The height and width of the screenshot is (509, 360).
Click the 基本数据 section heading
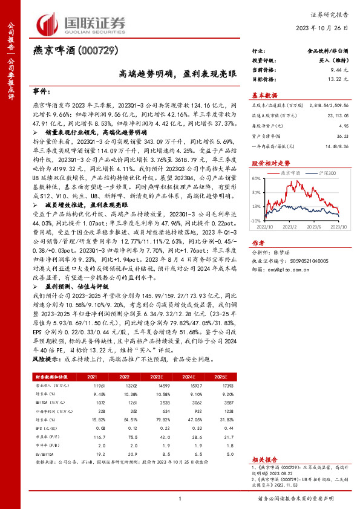click(264, 96)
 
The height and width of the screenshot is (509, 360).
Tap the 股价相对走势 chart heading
click(266, 163)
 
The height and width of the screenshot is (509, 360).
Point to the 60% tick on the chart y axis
click(257, 179)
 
